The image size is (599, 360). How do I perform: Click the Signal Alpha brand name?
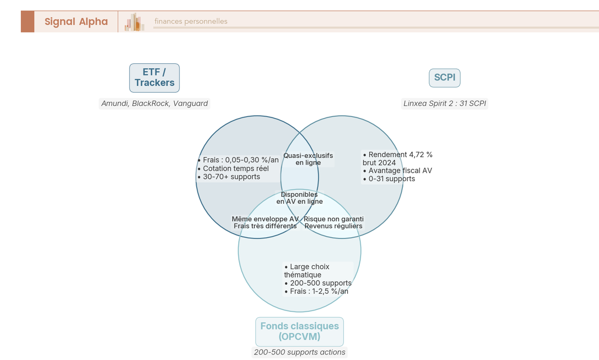(x=76, y=21)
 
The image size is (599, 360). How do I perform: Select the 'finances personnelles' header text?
(x=191, y=21)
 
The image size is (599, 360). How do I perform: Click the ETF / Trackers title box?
(x=154, y=78)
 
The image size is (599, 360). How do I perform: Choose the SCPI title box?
(x=444, y=78)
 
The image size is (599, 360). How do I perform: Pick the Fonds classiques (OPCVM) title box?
(x=299, y=332)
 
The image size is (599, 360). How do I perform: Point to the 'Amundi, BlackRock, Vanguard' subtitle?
(x=154, y=104)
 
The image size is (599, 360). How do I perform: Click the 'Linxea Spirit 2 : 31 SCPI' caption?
(x=444, y=104)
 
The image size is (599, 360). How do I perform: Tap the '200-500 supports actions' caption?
(x=299, y=352)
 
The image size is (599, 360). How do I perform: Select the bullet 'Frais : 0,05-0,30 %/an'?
(x=239, y=160)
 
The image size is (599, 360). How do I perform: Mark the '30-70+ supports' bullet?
(x=229, y=177)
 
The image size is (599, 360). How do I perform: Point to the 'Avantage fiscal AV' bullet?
(x=398, y=171)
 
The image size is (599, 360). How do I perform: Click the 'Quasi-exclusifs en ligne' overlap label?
(x=308, y=159)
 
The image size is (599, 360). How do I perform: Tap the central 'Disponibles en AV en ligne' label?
(x=299, y=198)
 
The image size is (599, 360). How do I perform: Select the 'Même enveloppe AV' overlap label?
(x=265, y=219)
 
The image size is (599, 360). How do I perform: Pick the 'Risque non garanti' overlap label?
(x=333, y=219)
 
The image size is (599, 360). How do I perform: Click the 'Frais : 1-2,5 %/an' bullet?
(x=316, y=291)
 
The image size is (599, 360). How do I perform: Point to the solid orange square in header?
(x=27, y=21)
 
